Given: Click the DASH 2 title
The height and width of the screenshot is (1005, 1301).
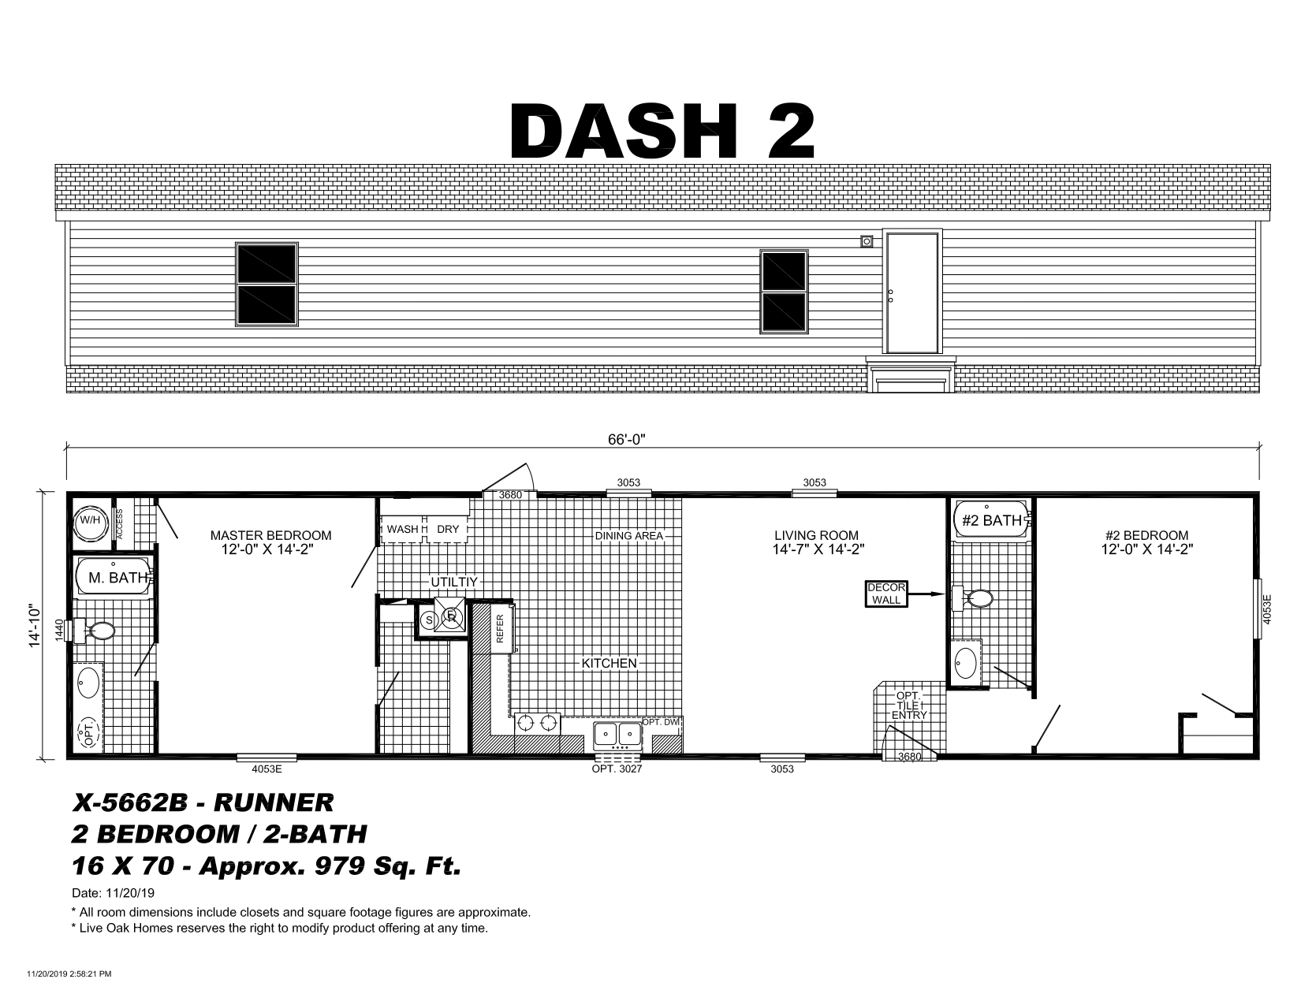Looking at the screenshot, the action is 662,131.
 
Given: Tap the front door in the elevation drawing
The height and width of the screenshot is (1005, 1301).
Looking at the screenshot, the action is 911,292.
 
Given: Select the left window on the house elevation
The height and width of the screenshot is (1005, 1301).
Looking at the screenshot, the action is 267,285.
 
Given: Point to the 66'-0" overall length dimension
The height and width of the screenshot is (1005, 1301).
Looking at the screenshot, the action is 626,439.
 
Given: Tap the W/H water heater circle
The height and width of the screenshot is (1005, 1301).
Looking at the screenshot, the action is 91,521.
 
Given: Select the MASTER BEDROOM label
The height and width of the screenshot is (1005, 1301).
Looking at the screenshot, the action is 270,535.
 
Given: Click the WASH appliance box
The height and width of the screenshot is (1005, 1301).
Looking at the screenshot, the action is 402,529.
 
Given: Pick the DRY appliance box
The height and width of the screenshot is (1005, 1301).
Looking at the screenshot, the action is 447,529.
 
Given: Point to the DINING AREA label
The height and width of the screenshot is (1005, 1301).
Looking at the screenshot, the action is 629,536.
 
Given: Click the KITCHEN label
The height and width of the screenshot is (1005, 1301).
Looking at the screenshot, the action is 609,663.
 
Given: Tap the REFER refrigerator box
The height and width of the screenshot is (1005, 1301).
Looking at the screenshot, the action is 500,628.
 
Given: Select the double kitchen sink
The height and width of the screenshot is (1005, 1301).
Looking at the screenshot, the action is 618,735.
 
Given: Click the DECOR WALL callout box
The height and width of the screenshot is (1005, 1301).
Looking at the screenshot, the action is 886,594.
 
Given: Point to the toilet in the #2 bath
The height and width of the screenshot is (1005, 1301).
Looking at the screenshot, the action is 972,598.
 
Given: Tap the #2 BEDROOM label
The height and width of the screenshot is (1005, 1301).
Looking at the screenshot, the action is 1146,535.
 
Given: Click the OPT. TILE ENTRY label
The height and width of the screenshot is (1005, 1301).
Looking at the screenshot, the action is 909,705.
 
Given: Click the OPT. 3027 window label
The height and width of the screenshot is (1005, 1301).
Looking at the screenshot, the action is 617,769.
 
